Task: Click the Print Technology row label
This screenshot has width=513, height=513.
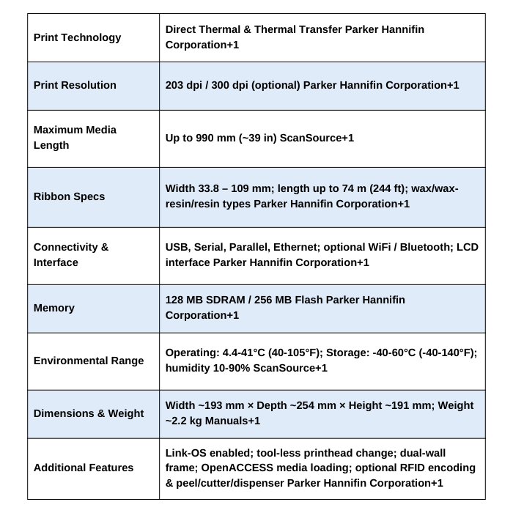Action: pyautogui.click(x=77, y=37)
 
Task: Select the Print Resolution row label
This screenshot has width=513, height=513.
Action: pyautogui.click(x=75, y=85)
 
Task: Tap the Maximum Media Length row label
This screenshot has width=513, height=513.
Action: pyautogui.click(x=75, y=137)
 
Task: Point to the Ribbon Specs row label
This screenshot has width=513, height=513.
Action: pyautogui.click(x=69, y=196)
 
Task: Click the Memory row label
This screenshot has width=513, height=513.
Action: pyautogui.click(x=54, y=308)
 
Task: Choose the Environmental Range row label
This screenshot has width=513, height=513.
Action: pyautogui.click(x=88, y=361)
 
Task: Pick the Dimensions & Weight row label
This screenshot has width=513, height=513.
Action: pyautogui.click(x=88, y=413)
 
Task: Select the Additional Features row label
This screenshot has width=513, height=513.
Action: pyautogui.click(x=84, y=468)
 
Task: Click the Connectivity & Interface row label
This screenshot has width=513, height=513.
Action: pyautogui.click(x=71, y=254)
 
